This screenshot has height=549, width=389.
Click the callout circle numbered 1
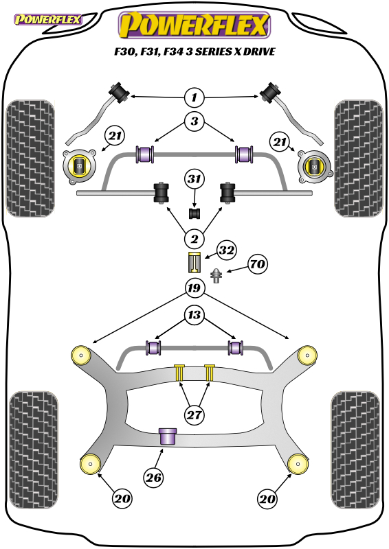tap(194, 97)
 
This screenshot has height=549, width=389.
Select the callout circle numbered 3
tap(194, 121)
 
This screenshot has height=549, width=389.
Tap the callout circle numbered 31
tap(194, 179)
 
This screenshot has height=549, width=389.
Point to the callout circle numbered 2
tap(194, 239)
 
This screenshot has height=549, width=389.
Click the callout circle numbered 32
tap(227, 250)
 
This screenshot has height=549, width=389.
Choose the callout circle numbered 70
tap(258, 264)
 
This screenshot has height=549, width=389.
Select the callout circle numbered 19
tap(194, 288)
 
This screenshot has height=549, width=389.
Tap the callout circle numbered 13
tap(194, 315)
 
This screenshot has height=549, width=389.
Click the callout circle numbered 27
tap(194, 415)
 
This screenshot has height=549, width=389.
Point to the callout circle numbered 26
tap(153, 477)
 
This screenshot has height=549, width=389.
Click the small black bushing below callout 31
tap(194, 213)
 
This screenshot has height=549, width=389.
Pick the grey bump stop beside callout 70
tap(216, 276)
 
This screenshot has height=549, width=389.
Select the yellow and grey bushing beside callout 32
tap(194, 262)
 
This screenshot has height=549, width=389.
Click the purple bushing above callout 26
tap(168, 436)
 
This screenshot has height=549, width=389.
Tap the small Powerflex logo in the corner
tap(47, 20)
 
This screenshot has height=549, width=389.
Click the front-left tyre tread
tap(30, 159)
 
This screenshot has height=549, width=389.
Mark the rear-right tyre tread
tap(355, 449)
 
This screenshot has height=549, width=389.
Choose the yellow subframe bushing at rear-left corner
tap(91, 464)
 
